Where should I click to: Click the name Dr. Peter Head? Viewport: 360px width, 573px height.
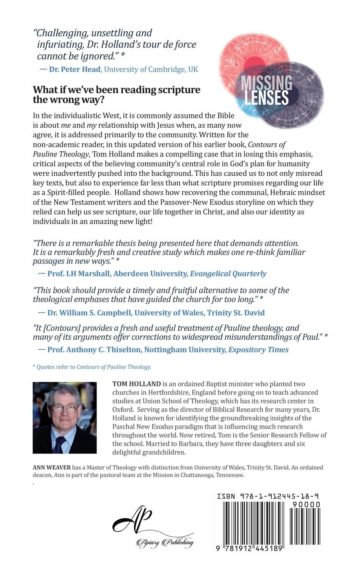pos(75,69)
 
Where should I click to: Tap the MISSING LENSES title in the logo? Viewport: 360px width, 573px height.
pos(266,90)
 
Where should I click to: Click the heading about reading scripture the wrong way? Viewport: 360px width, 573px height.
pos(117,94)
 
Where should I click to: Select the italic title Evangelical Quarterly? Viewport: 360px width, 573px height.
pos(228,273)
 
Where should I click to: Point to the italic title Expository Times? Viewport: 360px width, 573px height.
pos(259,350)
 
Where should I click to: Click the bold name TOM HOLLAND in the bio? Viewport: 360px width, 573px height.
pos(136,384)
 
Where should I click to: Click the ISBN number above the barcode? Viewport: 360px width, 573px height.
pos(267,497)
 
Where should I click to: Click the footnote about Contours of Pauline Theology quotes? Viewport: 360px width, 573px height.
pos(92,367)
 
